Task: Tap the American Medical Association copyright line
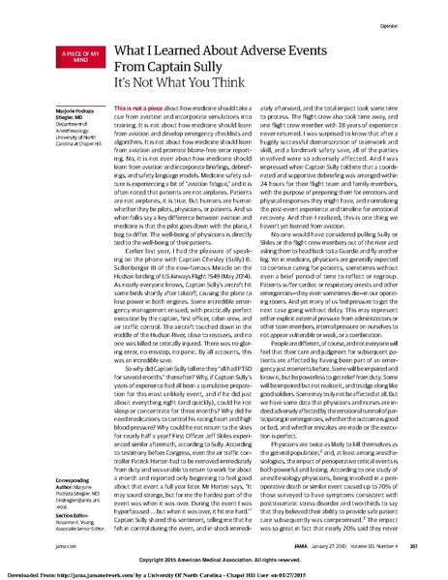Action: [x=223, y=560]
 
